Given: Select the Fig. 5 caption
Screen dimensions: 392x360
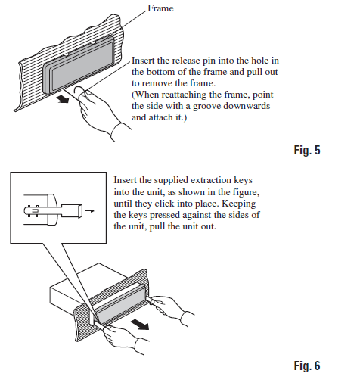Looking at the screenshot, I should pyautogui.click(x=307, y=150).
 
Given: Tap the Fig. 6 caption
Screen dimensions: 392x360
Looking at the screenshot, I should pyautogui.click(x=307, y=366).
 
